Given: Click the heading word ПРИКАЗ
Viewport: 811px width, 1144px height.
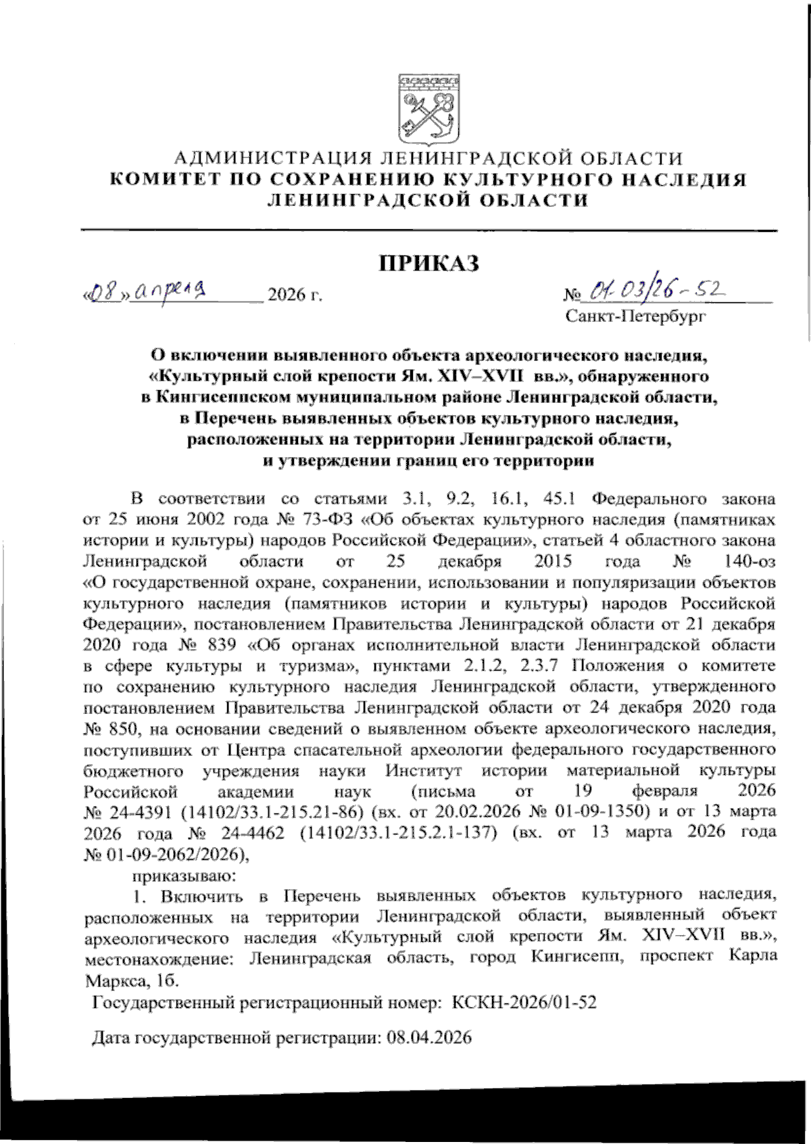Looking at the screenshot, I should pos(428,263).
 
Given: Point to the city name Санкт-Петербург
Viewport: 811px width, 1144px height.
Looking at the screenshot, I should pos(636,316).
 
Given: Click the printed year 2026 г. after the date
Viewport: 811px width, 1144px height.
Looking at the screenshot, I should pos(295,295).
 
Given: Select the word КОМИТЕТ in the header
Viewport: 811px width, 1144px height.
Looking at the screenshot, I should pos(165,180).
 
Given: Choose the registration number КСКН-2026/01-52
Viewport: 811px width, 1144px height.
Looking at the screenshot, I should pos(524,1003).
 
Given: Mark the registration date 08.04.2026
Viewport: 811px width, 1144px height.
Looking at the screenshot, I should pos(429,1038).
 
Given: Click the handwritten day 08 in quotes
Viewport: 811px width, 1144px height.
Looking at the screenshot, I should pos(103,295).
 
